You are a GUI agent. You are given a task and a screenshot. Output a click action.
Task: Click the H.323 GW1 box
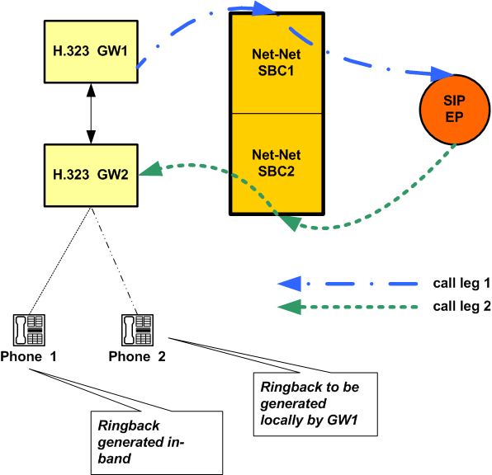(x=89, y=51)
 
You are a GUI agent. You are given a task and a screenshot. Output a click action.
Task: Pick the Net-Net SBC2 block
(x=277, y=163)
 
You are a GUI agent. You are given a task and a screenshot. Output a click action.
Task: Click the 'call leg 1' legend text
(x=461, y=283)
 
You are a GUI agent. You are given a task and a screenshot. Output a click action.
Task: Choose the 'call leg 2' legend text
(x=461, y=308)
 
